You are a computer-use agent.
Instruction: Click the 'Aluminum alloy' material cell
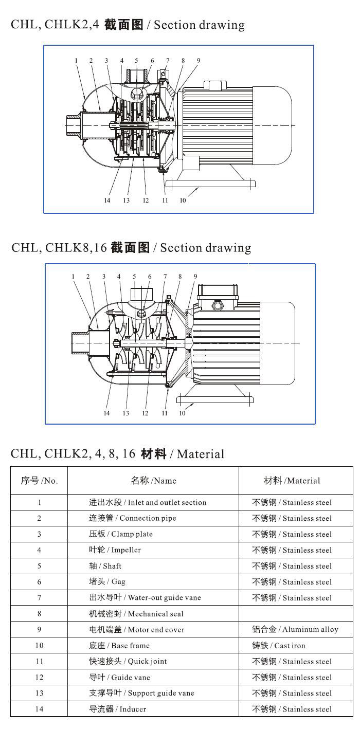point(295,629)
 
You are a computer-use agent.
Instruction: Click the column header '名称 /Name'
point(153,481)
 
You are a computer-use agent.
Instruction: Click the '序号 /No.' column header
point(39,481)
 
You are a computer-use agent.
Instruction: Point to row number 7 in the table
point(39,597)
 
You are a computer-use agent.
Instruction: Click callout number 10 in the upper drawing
point(183,200)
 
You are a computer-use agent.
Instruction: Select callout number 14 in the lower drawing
point(106,413)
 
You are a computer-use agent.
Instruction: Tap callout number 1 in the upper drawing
point(76,61)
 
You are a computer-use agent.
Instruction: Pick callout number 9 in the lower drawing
point(195,277)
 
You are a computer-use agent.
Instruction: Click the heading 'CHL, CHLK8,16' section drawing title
point(131,248)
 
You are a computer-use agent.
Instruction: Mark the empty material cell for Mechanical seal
point(295,613)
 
